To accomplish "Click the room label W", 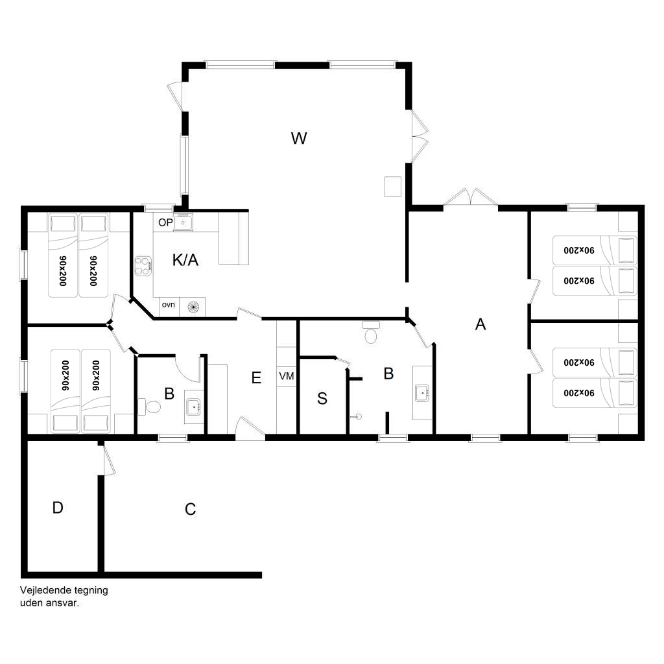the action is tap(299, 139).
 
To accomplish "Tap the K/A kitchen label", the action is tap(185, 259).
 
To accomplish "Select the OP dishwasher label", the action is tap(165, 223).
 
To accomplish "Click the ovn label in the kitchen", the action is tap(168, 305).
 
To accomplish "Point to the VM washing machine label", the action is tap(286, 376).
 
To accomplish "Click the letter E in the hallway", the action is tap(256, 378).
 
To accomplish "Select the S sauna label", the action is tap(322, 399).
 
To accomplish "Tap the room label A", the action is tap(480, 324).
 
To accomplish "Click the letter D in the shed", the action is tap(58, 507).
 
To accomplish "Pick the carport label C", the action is tap(191, 509).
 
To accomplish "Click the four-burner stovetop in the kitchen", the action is tap(143, 266).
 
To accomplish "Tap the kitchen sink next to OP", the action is tap(183, 222).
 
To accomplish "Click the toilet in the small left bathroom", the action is tap(150, 407).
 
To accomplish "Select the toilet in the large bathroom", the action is tap(370, 333).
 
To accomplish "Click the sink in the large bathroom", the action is tap(422, 393).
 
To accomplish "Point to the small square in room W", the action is tap(392, 187).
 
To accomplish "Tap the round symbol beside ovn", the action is tap(193, 307).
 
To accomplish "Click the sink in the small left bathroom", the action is tap(193, 407).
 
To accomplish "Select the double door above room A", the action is tap(471, 198).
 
